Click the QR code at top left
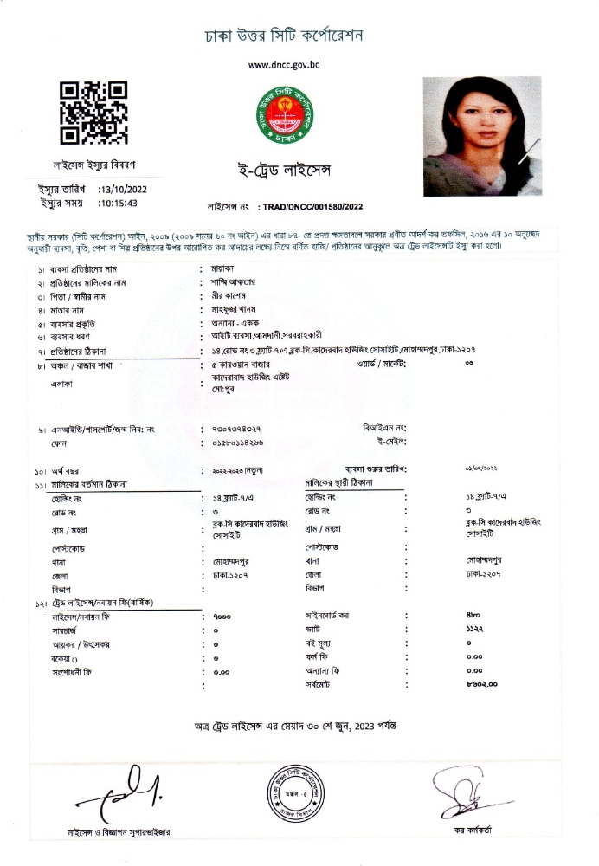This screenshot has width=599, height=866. pos(93,113)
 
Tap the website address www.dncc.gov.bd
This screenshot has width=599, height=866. pos(284,65)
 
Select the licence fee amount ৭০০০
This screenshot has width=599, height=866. pos(221,614)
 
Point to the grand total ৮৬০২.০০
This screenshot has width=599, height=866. pos(481,684)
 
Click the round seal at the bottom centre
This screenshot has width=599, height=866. pos(297,794)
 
